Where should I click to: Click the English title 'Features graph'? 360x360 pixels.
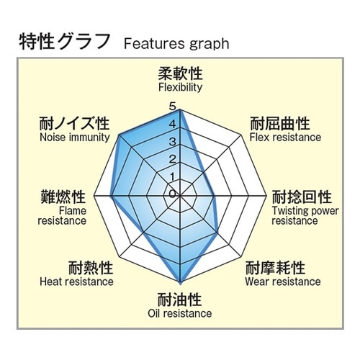[176, 44]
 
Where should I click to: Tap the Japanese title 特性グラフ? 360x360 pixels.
[64, 41]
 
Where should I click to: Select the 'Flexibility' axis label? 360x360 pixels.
[180, 87]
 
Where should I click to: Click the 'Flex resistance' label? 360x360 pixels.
[285, 138]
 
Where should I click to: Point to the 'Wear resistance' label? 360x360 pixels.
[283, 282]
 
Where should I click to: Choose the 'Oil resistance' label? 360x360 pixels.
[180, 313]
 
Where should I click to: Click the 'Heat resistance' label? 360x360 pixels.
[76, 282]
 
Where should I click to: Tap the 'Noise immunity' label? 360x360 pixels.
[75, 138]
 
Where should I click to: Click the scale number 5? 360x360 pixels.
[172, 107]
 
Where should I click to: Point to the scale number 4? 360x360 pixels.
[172, 124]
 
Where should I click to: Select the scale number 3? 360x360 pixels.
[172, 142]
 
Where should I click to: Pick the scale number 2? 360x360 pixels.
[172, 159]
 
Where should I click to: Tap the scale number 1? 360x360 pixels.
[172, 177]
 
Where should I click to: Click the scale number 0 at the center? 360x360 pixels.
[172, 194]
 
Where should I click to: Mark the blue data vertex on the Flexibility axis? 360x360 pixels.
[180, 110]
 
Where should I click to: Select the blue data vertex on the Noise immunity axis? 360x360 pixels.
[120, 135]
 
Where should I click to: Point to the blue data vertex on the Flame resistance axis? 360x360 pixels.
[111, 196]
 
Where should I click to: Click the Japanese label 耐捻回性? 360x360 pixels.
[302, 197]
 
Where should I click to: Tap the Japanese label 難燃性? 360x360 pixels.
[63, 197]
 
